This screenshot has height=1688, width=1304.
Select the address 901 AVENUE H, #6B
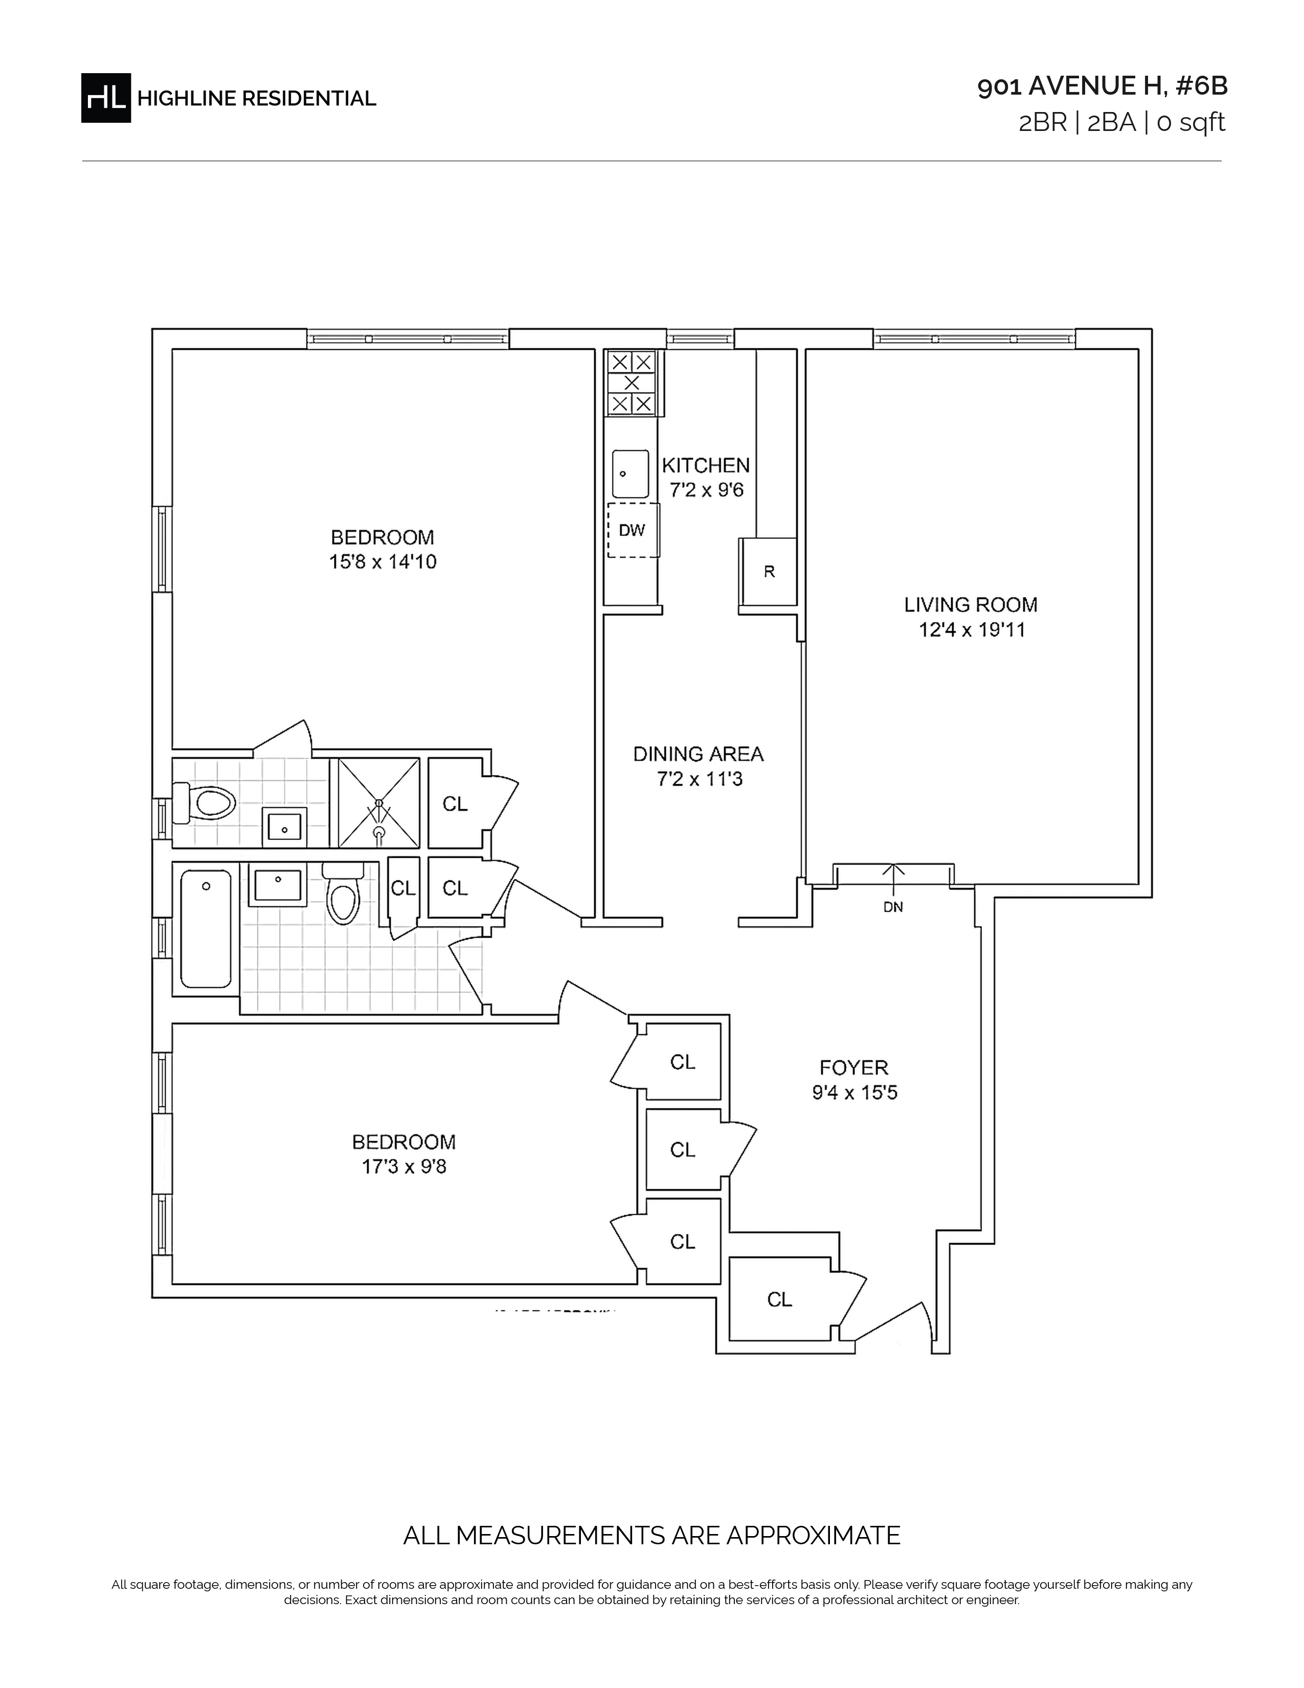pos(1103,86)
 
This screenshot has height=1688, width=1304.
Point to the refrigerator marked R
pos(769,572)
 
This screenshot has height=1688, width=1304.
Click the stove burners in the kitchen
pos(632,383)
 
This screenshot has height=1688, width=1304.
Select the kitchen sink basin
pos(631,474)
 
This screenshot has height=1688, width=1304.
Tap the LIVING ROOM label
pos(971,605)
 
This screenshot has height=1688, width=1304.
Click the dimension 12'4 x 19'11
pos(972,630)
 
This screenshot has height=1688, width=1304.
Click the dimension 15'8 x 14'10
pos(383,562)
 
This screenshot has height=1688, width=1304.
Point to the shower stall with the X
pos(378,803)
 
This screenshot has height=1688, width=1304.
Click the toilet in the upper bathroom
pos(204,803)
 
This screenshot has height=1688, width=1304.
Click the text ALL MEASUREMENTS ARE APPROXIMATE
pos(652,1535)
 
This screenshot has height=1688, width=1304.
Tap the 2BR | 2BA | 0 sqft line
pos(1121,123)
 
